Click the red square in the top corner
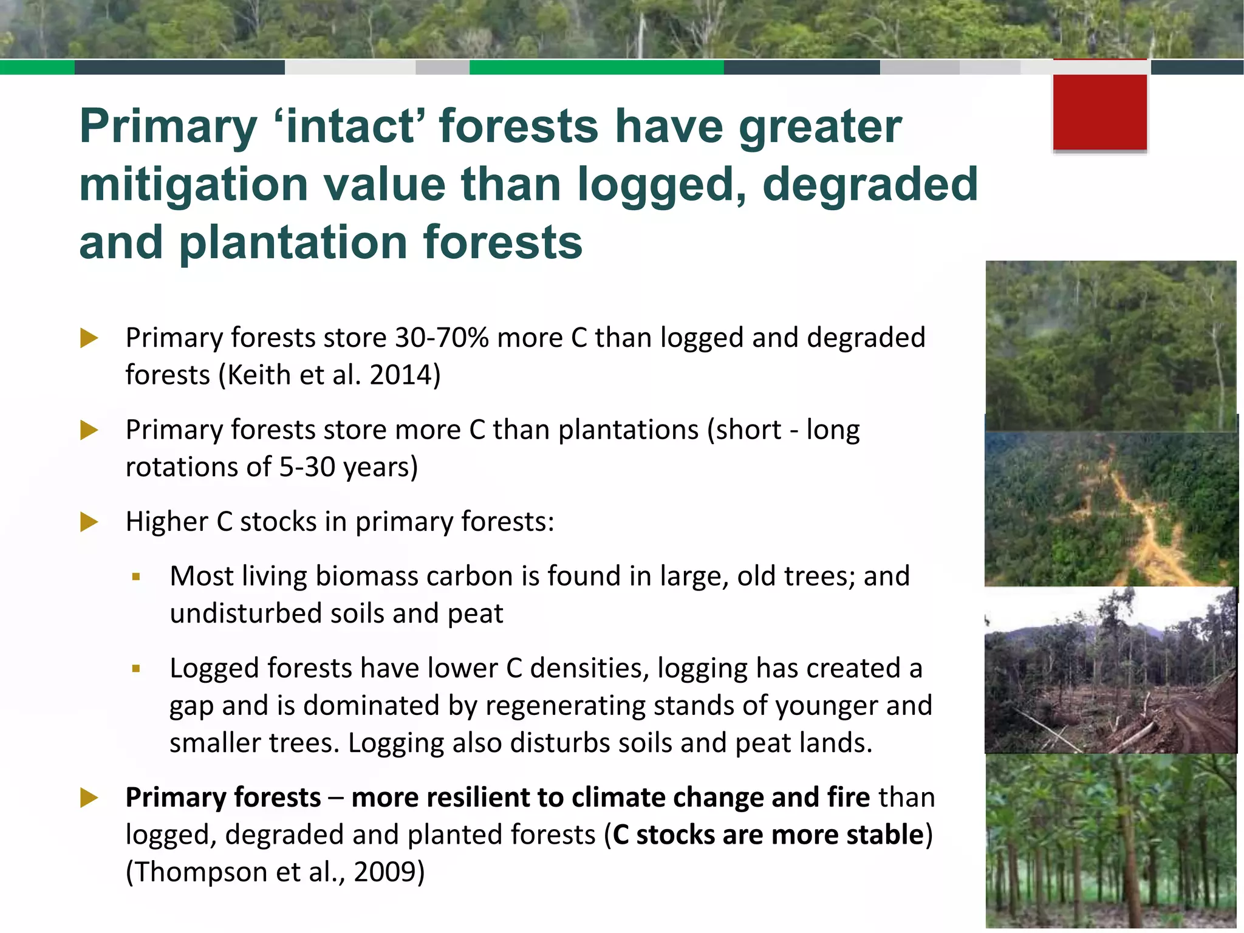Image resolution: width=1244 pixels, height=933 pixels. [1099, 111]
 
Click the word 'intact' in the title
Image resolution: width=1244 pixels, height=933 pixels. [351, 126]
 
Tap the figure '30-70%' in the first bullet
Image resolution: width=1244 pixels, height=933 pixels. [442, 338]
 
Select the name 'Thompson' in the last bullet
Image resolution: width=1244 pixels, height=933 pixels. [200, 872]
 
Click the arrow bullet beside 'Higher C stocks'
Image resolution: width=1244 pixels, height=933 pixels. [89, 521]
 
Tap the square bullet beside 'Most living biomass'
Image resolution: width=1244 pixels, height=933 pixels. [136, 576]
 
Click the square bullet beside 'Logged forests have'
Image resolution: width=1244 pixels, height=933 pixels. [136, 669]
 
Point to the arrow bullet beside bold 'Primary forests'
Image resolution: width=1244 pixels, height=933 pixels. [89, 798]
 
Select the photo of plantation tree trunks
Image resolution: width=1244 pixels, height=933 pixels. [1110, 841]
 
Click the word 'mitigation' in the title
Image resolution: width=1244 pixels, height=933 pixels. [194, 185]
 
